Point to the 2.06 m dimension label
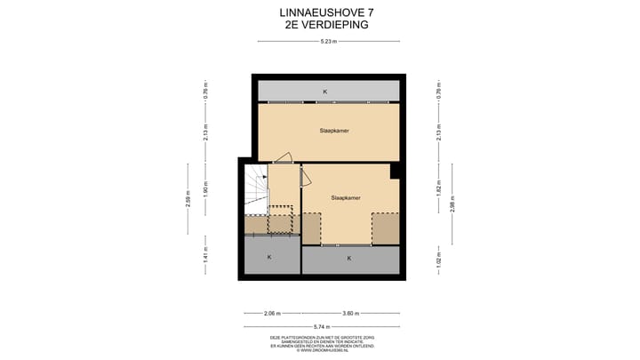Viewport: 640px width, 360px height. tap(272, 313)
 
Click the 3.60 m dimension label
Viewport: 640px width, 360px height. tap(351, 313)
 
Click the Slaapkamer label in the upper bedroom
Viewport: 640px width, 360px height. tap(334, 131)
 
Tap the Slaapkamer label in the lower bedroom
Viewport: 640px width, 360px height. tap(345, 197)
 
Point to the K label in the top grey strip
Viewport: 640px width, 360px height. tap(325, 92)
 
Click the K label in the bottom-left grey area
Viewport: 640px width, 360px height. tap(269, 258)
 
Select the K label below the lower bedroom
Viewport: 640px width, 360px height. tap(349, 259)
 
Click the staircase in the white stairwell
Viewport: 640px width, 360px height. tap(256, 191)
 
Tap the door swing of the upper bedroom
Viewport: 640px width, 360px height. tap(283, 159)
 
